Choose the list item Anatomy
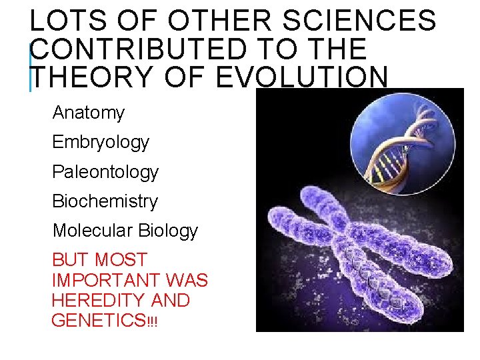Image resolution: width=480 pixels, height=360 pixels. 89,113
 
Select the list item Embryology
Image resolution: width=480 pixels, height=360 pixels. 101,142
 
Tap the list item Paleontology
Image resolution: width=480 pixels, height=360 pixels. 105,172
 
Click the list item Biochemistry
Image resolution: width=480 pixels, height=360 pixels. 105,201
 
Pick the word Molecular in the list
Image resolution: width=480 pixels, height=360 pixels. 93,231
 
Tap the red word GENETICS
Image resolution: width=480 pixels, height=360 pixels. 97,321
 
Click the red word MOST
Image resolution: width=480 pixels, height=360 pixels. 121,260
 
